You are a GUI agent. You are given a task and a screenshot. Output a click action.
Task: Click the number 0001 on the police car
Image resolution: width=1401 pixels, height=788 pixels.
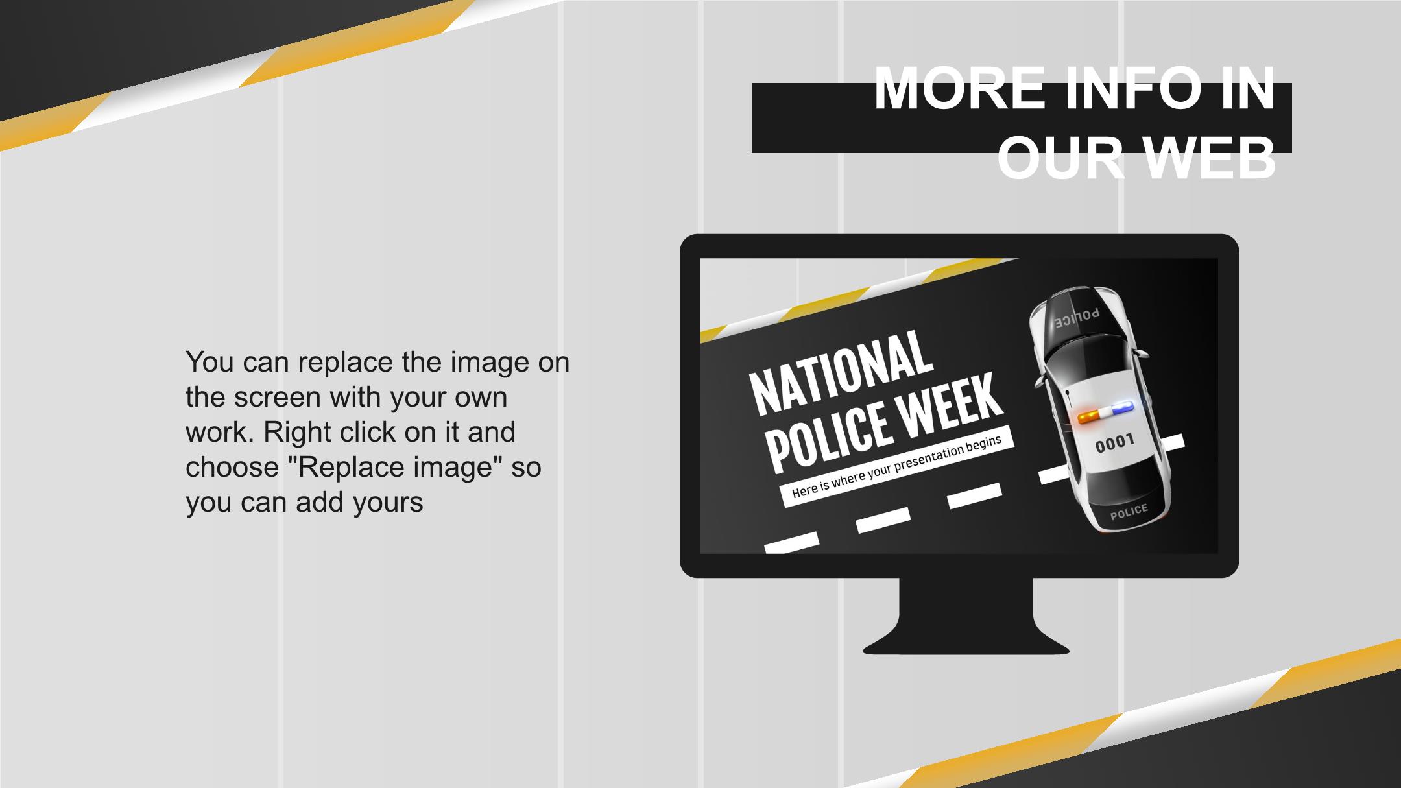point(1114,444)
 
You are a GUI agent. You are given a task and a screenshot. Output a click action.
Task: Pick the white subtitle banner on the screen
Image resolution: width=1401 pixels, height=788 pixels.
point(896,466)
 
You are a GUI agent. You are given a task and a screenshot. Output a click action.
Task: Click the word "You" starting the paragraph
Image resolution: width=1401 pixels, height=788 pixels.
point(210,361)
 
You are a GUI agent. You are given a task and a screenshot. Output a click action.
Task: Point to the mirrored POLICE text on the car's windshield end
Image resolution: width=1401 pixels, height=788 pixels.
point(1076,318)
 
